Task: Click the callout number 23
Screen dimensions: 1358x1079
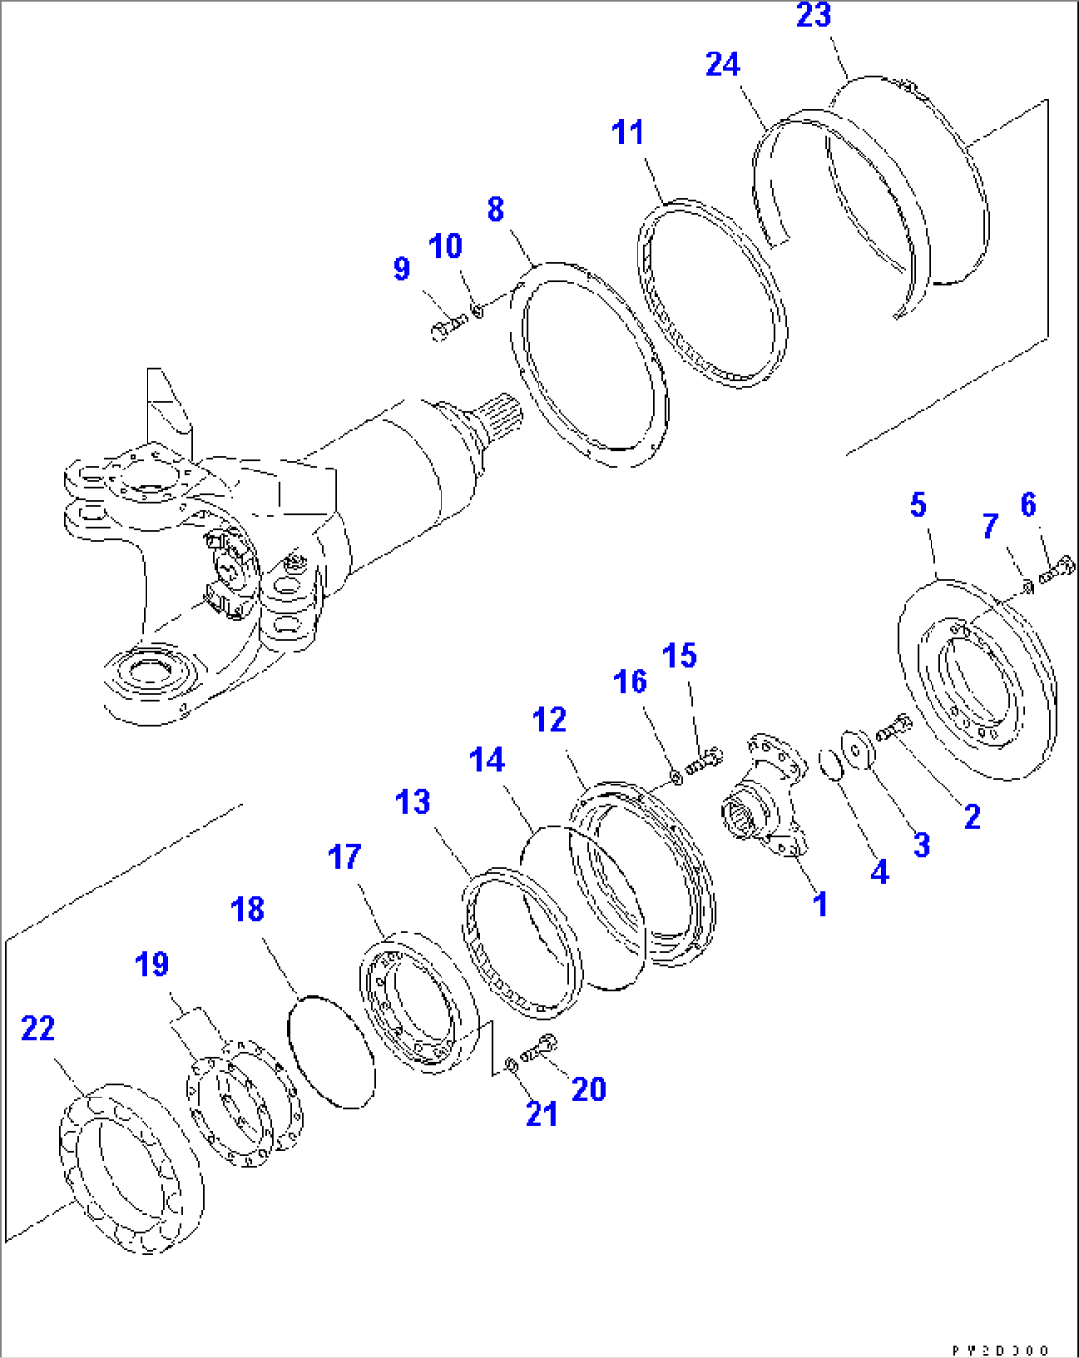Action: coord(814,17)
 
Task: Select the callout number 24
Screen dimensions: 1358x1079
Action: coord(723,65)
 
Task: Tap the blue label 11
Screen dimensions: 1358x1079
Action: coord(628,133)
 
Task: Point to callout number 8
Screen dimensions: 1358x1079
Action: coord(495,209)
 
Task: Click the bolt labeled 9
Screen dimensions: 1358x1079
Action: coord(447,325)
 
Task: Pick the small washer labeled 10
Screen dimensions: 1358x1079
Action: coord(478,311)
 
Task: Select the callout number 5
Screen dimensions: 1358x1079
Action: coord(918,505)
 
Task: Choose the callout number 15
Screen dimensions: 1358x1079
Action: coord(679,656)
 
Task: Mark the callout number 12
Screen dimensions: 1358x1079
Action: coord(549,720)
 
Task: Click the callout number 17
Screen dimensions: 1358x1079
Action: coord(344,857)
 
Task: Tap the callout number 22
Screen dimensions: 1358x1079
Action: coord(38,1029)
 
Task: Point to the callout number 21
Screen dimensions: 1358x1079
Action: coord(541,1115)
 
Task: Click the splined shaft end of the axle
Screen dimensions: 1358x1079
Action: coord(491,421)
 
